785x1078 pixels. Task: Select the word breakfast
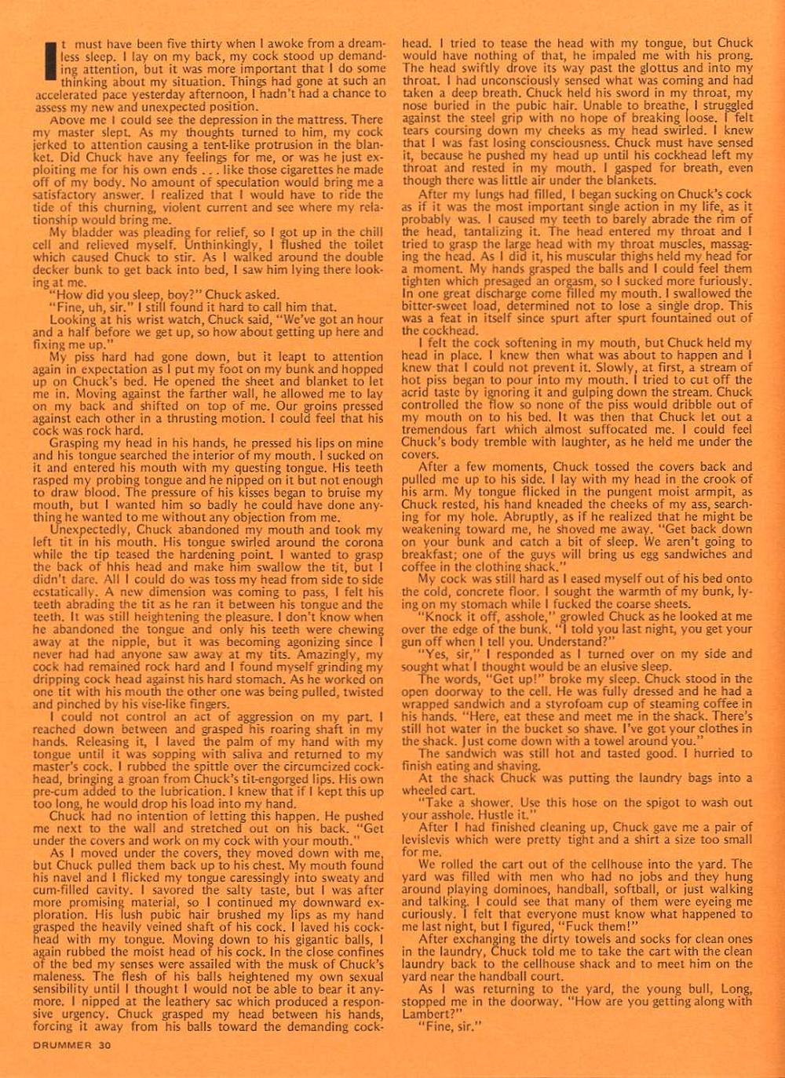click(x=428, y=554)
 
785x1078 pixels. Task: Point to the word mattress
click(x=310, y=120)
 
